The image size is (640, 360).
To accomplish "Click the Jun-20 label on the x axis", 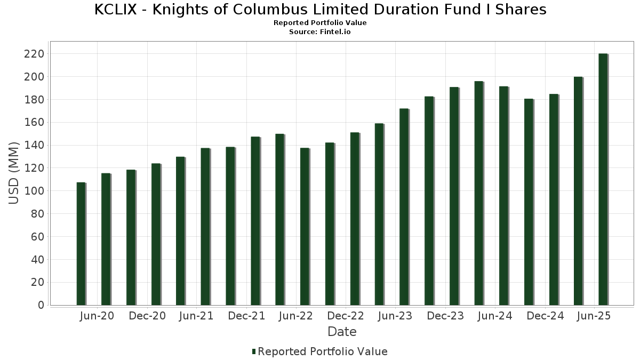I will (x=97, y=316).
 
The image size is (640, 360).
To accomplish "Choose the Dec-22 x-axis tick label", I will (x=346, y=316).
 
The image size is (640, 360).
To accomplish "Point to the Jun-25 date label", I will (x=594, y=316).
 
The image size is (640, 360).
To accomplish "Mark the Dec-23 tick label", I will (x=445, y=316).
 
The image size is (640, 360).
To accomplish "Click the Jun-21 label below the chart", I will (x=196, y=316).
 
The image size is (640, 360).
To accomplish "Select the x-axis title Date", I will (x=342, y=332).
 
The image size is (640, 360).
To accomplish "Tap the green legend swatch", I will (x=254, y=351).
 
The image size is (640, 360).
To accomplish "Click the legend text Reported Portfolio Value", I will (x=323, y=351).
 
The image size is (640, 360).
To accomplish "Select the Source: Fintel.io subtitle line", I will (x=320, y=32).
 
